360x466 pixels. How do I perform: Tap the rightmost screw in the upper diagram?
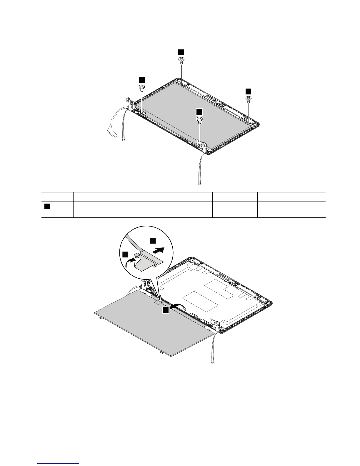pos(249,99)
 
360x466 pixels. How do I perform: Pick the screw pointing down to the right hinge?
pos(199,119)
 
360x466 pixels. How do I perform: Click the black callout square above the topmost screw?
pos(181,52)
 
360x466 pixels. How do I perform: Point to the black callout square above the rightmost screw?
pos(249,91)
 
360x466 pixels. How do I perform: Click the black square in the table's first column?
pos(47,207)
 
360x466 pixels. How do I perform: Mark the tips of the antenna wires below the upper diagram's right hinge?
pos(200,184)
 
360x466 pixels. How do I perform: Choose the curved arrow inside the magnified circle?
pos(131,261)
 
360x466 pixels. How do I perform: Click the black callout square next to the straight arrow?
pos(153,240)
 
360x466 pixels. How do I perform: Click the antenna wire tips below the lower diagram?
pos(213,363)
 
